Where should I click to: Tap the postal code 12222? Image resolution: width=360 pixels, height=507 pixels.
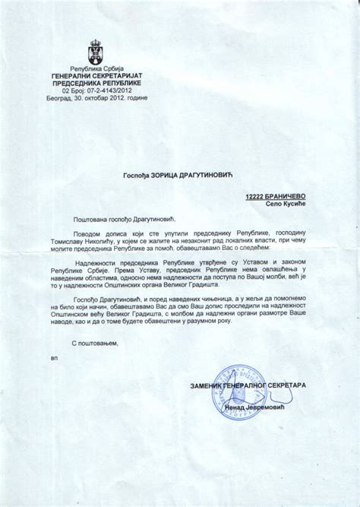click(257, 196)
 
